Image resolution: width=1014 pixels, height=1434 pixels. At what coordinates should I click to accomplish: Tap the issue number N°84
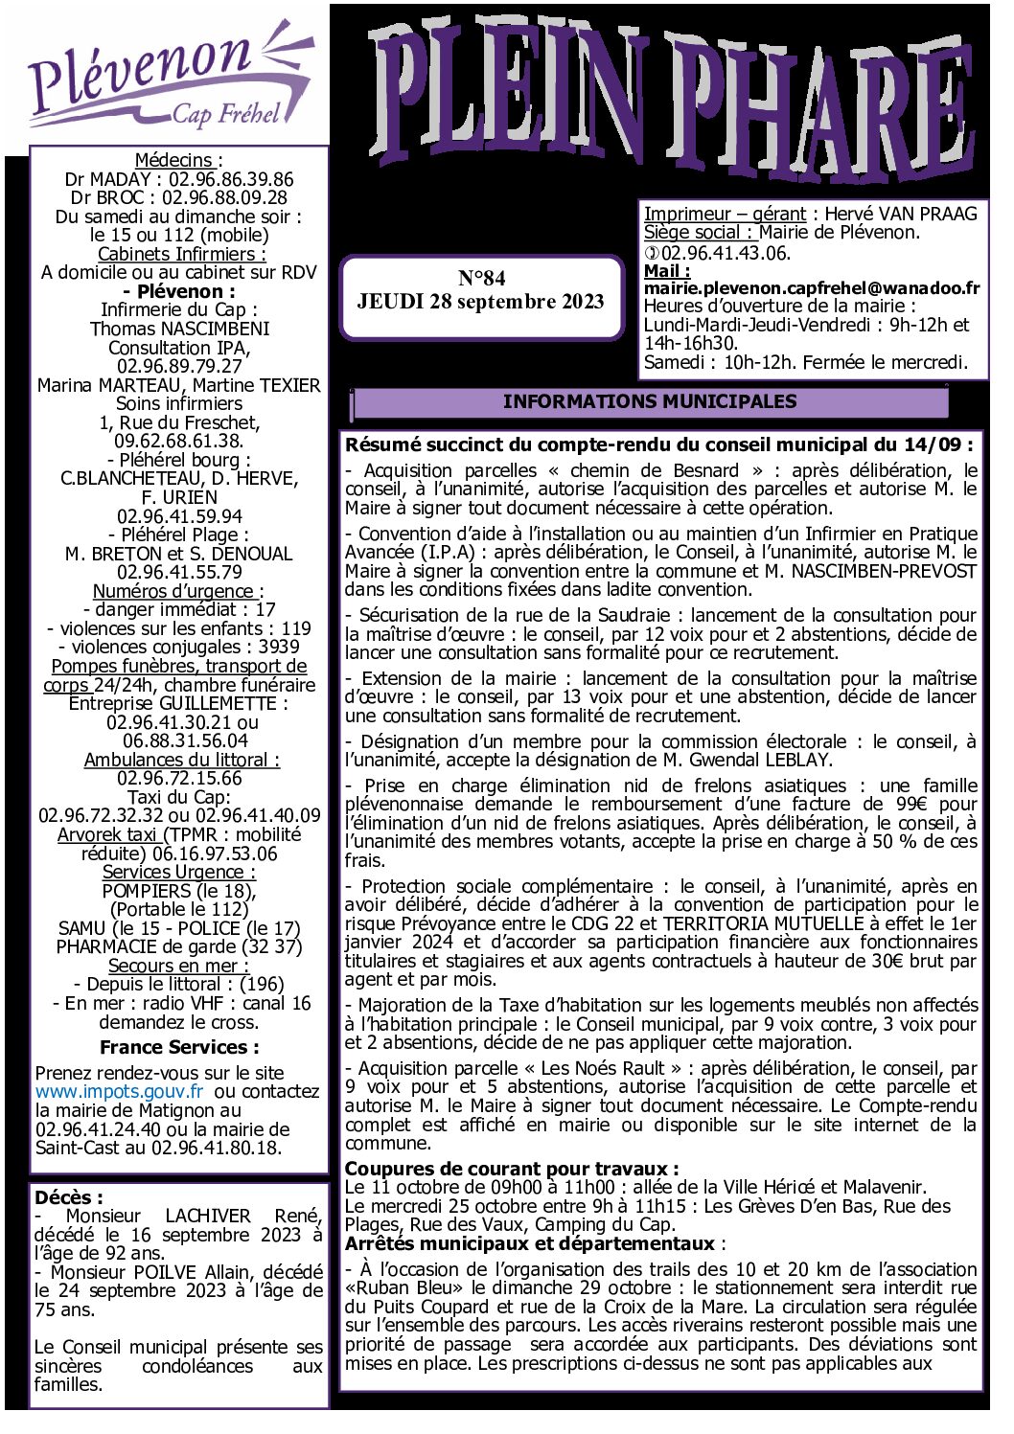(x=481, y=279)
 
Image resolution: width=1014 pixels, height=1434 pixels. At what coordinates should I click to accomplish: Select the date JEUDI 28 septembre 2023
(x=481, y=302)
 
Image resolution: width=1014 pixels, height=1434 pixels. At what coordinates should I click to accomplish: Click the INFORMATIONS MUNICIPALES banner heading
(x=649, y=402)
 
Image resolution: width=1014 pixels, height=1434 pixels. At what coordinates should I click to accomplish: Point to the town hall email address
(x=812, y=288)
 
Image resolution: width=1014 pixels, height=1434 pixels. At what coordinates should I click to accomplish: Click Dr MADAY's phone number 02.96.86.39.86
(x=231, y=179)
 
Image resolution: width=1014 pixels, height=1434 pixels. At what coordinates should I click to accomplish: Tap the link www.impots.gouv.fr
(x=120, y=1092)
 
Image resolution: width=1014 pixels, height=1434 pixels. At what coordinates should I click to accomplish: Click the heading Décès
(x=67, y=1197)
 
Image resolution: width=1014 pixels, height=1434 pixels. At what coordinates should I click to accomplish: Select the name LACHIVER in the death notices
(x=208, y=1217)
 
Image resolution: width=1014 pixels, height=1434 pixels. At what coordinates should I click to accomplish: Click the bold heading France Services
(x=179, y=1048)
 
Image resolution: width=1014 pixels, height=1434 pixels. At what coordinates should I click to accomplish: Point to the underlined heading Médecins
(x=175, y=160)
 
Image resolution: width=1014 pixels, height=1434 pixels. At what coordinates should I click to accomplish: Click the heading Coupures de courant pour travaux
(x=512, y=1170)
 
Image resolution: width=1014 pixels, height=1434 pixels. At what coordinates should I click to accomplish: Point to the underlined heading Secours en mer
(x=177, y=967)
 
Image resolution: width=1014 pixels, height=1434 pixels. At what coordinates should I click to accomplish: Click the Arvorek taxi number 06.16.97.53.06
(x=215, y=854)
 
